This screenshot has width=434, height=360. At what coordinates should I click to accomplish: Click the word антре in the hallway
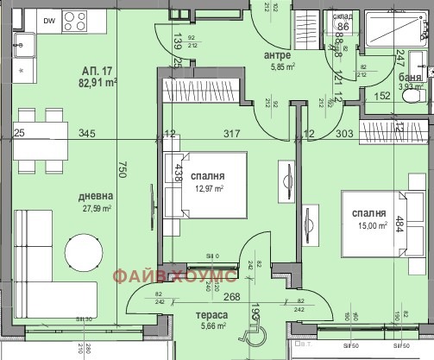(277, 57)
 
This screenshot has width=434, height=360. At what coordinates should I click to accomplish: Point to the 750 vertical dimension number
(123, 172)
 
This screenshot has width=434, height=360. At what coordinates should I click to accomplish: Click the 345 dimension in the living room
(86, 133)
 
